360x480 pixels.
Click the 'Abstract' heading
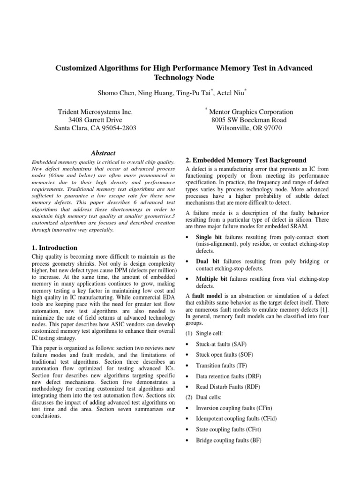(102, 152)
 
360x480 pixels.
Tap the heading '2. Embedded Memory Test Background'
(246, 160)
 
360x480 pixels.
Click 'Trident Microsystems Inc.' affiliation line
(95, 112)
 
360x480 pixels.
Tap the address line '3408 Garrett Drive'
(95, 120)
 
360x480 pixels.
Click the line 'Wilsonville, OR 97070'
(249, 128)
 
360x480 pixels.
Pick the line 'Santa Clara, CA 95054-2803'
(95, 128)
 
